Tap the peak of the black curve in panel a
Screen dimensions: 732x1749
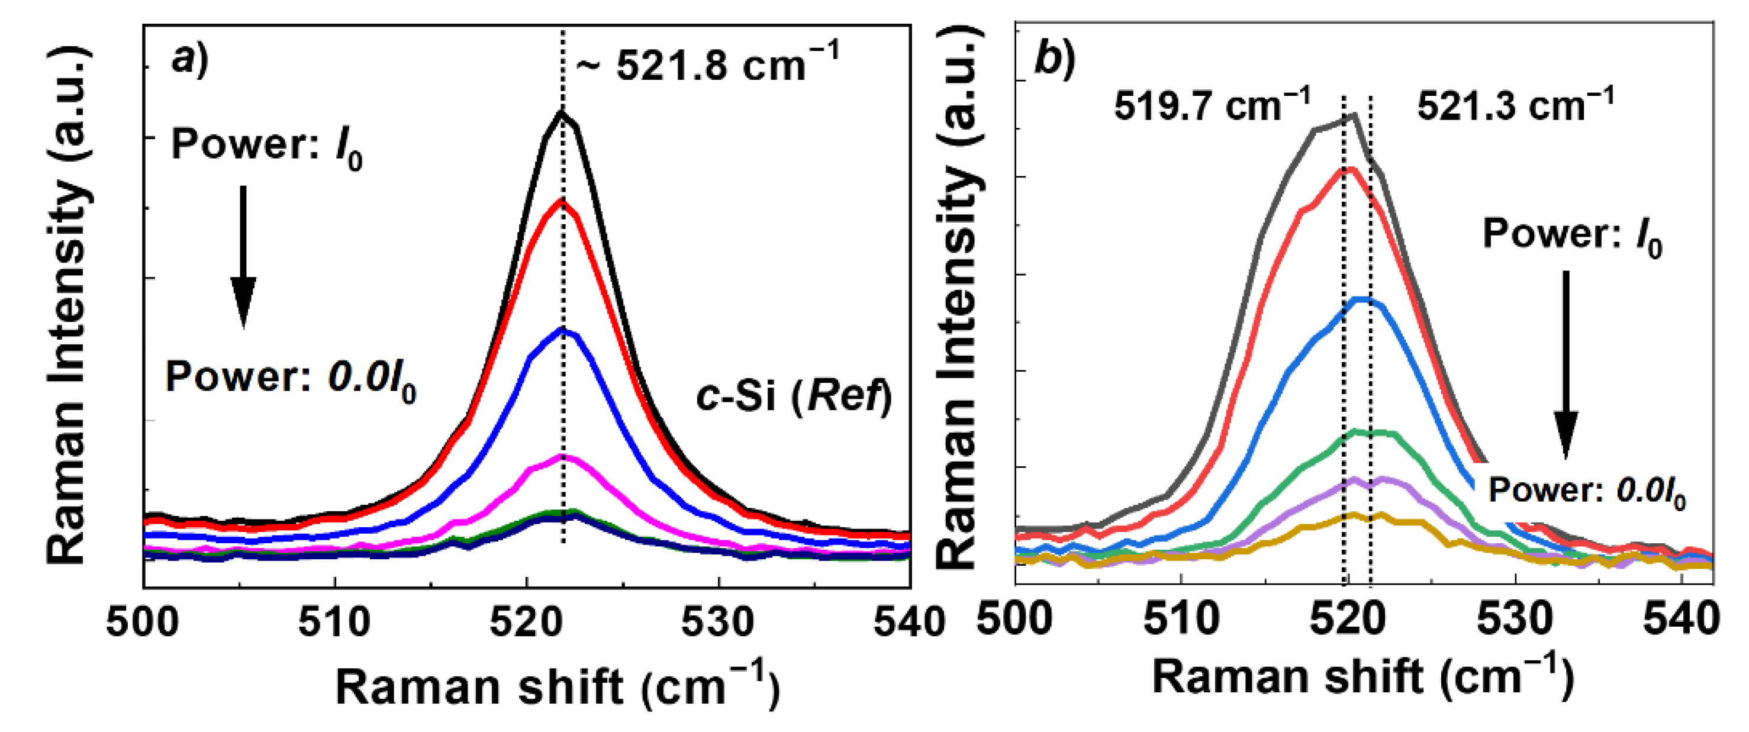pos(562,112)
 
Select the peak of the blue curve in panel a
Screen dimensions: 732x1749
pos(563,330)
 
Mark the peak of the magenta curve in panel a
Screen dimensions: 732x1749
pos(563,456)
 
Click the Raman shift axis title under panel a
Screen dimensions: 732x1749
pos(557,687)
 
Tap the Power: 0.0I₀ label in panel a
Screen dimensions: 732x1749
pos(291,378)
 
